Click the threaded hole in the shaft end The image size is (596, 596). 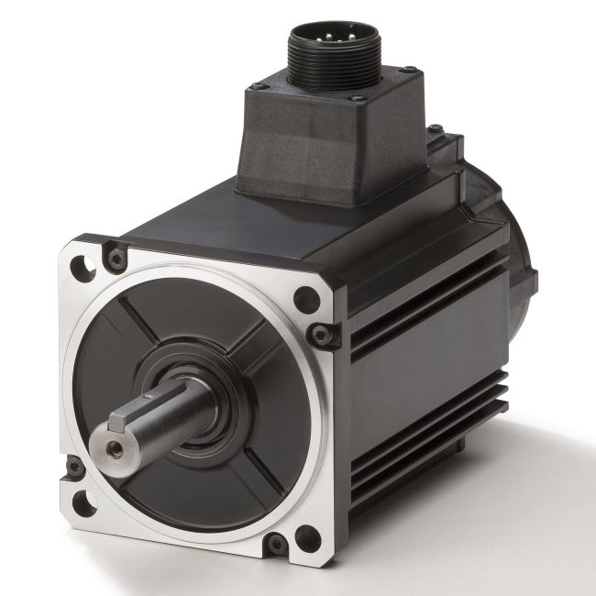115,448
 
